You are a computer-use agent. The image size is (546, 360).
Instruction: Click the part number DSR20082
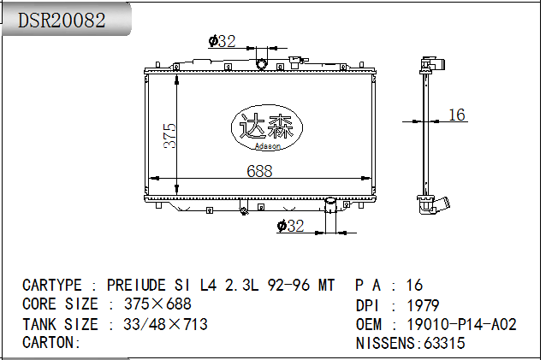click(62, 21)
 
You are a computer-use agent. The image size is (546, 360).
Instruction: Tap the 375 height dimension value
click(170, 136)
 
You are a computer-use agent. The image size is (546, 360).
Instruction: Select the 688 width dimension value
click(259, 171)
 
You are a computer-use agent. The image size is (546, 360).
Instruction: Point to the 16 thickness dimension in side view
click(457, 115)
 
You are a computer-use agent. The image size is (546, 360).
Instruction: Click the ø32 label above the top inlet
click(222, 41)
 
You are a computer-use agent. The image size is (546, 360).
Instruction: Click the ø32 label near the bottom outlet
click(290, 226)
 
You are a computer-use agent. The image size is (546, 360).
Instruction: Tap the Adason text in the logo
click(267, 146)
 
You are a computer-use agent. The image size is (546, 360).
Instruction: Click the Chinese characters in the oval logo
click(267, 125)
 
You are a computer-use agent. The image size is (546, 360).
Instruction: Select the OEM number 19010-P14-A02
click(462, 325)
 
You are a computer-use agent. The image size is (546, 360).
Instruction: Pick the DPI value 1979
click(424, 306)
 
